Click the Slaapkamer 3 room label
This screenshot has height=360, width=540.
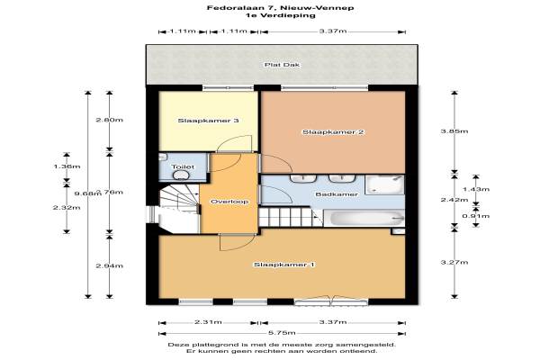[x=208, y=121]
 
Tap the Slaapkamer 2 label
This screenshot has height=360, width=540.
[x=333, y=132]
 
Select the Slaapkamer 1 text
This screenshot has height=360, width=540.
[x=284, y=265]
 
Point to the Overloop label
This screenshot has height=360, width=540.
[x=229, y=202]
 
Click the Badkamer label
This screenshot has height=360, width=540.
[x=337, y=194]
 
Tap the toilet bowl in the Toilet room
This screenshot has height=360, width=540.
[x=181, y=175]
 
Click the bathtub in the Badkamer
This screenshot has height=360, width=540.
[x=364, y=218]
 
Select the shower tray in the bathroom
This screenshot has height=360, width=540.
[x=384, y=185]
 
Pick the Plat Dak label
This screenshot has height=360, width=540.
[x=282, y=65]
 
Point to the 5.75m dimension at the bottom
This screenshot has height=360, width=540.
[x=282, y=333]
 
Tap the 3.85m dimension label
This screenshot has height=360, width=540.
[x=454, y=130]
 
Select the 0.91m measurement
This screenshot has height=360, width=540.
[x=476, y=216]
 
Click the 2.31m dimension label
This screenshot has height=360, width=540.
[x=208, y=322]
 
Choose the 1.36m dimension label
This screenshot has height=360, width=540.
[x=67, y=166]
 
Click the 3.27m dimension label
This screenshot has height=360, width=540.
[x=454, y=262]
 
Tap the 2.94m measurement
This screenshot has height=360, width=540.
[x=110, y=265]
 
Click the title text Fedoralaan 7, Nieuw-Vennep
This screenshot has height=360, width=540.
[x=280, y=7]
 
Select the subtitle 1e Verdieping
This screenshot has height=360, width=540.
[x=280, y=15]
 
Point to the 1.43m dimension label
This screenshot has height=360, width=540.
[x=476, y=189]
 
